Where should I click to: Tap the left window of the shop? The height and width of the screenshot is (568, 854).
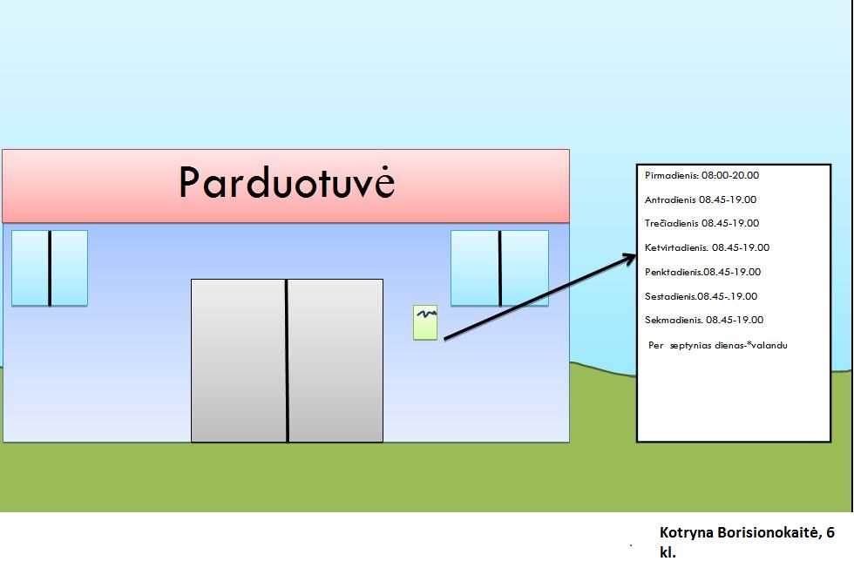tap(50, 268)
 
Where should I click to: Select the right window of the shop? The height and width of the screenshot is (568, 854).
tap(499, 268)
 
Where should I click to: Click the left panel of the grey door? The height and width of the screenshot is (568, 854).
tap(239, 361)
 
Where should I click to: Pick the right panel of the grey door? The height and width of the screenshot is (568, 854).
tap(335, 361)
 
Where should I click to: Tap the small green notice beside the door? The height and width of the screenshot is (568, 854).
tap(425, 322)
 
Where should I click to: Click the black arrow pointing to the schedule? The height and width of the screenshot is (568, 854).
tap(539, 297)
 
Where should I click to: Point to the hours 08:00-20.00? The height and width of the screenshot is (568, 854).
tap(730, 175)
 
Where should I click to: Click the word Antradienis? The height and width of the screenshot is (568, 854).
tap(670, 199)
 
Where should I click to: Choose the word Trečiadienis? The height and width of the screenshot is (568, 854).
tap(672, 223)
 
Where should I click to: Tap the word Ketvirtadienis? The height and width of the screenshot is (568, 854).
tap(676, 247)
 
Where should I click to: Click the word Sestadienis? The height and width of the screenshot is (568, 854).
tap(671, 297)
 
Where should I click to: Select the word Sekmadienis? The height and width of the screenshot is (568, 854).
tap(674, 321)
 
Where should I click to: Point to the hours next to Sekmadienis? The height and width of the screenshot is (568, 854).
tap(735, 321)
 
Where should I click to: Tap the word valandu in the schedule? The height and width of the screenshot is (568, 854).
tap(769, 345)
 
